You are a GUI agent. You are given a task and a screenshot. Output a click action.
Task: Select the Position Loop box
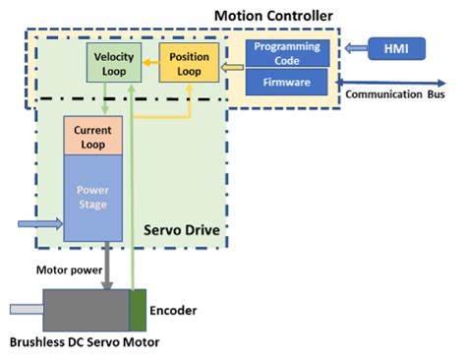[x=189, y=64]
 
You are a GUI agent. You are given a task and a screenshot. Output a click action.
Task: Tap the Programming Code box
[x=286, y=53]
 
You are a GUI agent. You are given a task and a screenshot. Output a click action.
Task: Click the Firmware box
[x=286, y=83]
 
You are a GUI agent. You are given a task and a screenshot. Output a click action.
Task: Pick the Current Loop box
[x=91, y=136]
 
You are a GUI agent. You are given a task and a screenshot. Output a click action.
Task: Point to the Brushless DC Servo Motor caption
[x=84, y=343]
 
